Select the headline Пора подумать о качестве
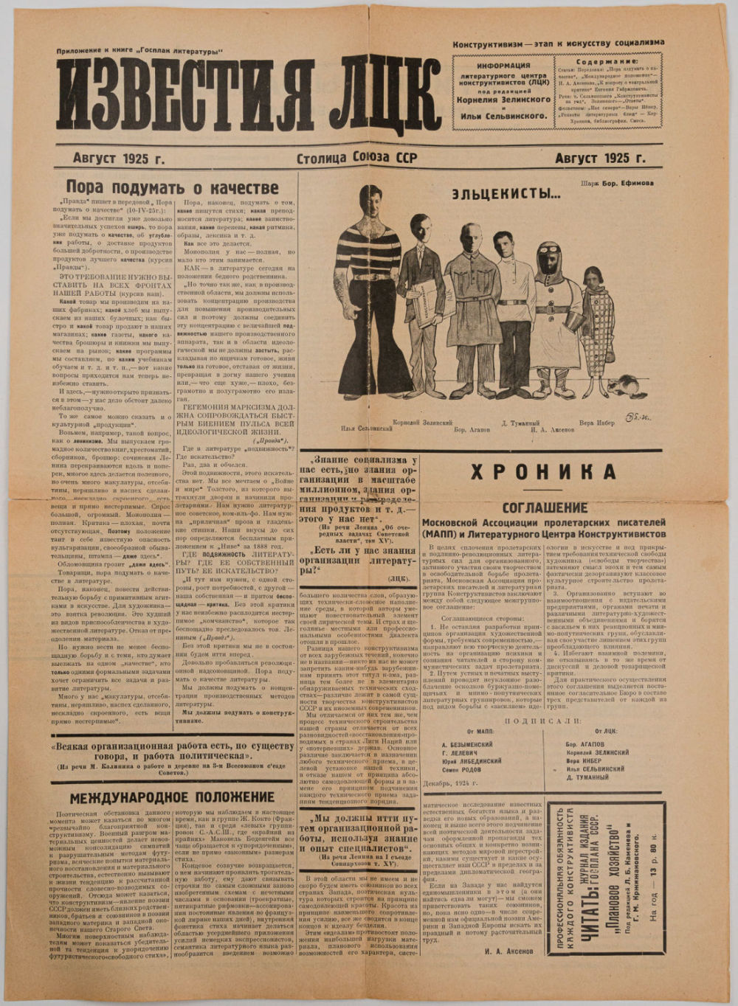pos(173,188)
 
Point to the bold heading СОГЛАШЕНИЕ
pos(545,507)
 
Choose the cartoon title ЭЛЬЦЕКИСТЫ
pos(506,195)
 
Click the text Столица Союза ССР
pos(357,158)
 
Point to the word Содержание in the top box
pos(610,63)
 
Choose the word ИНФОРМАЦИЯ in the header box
pos(502,65)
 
